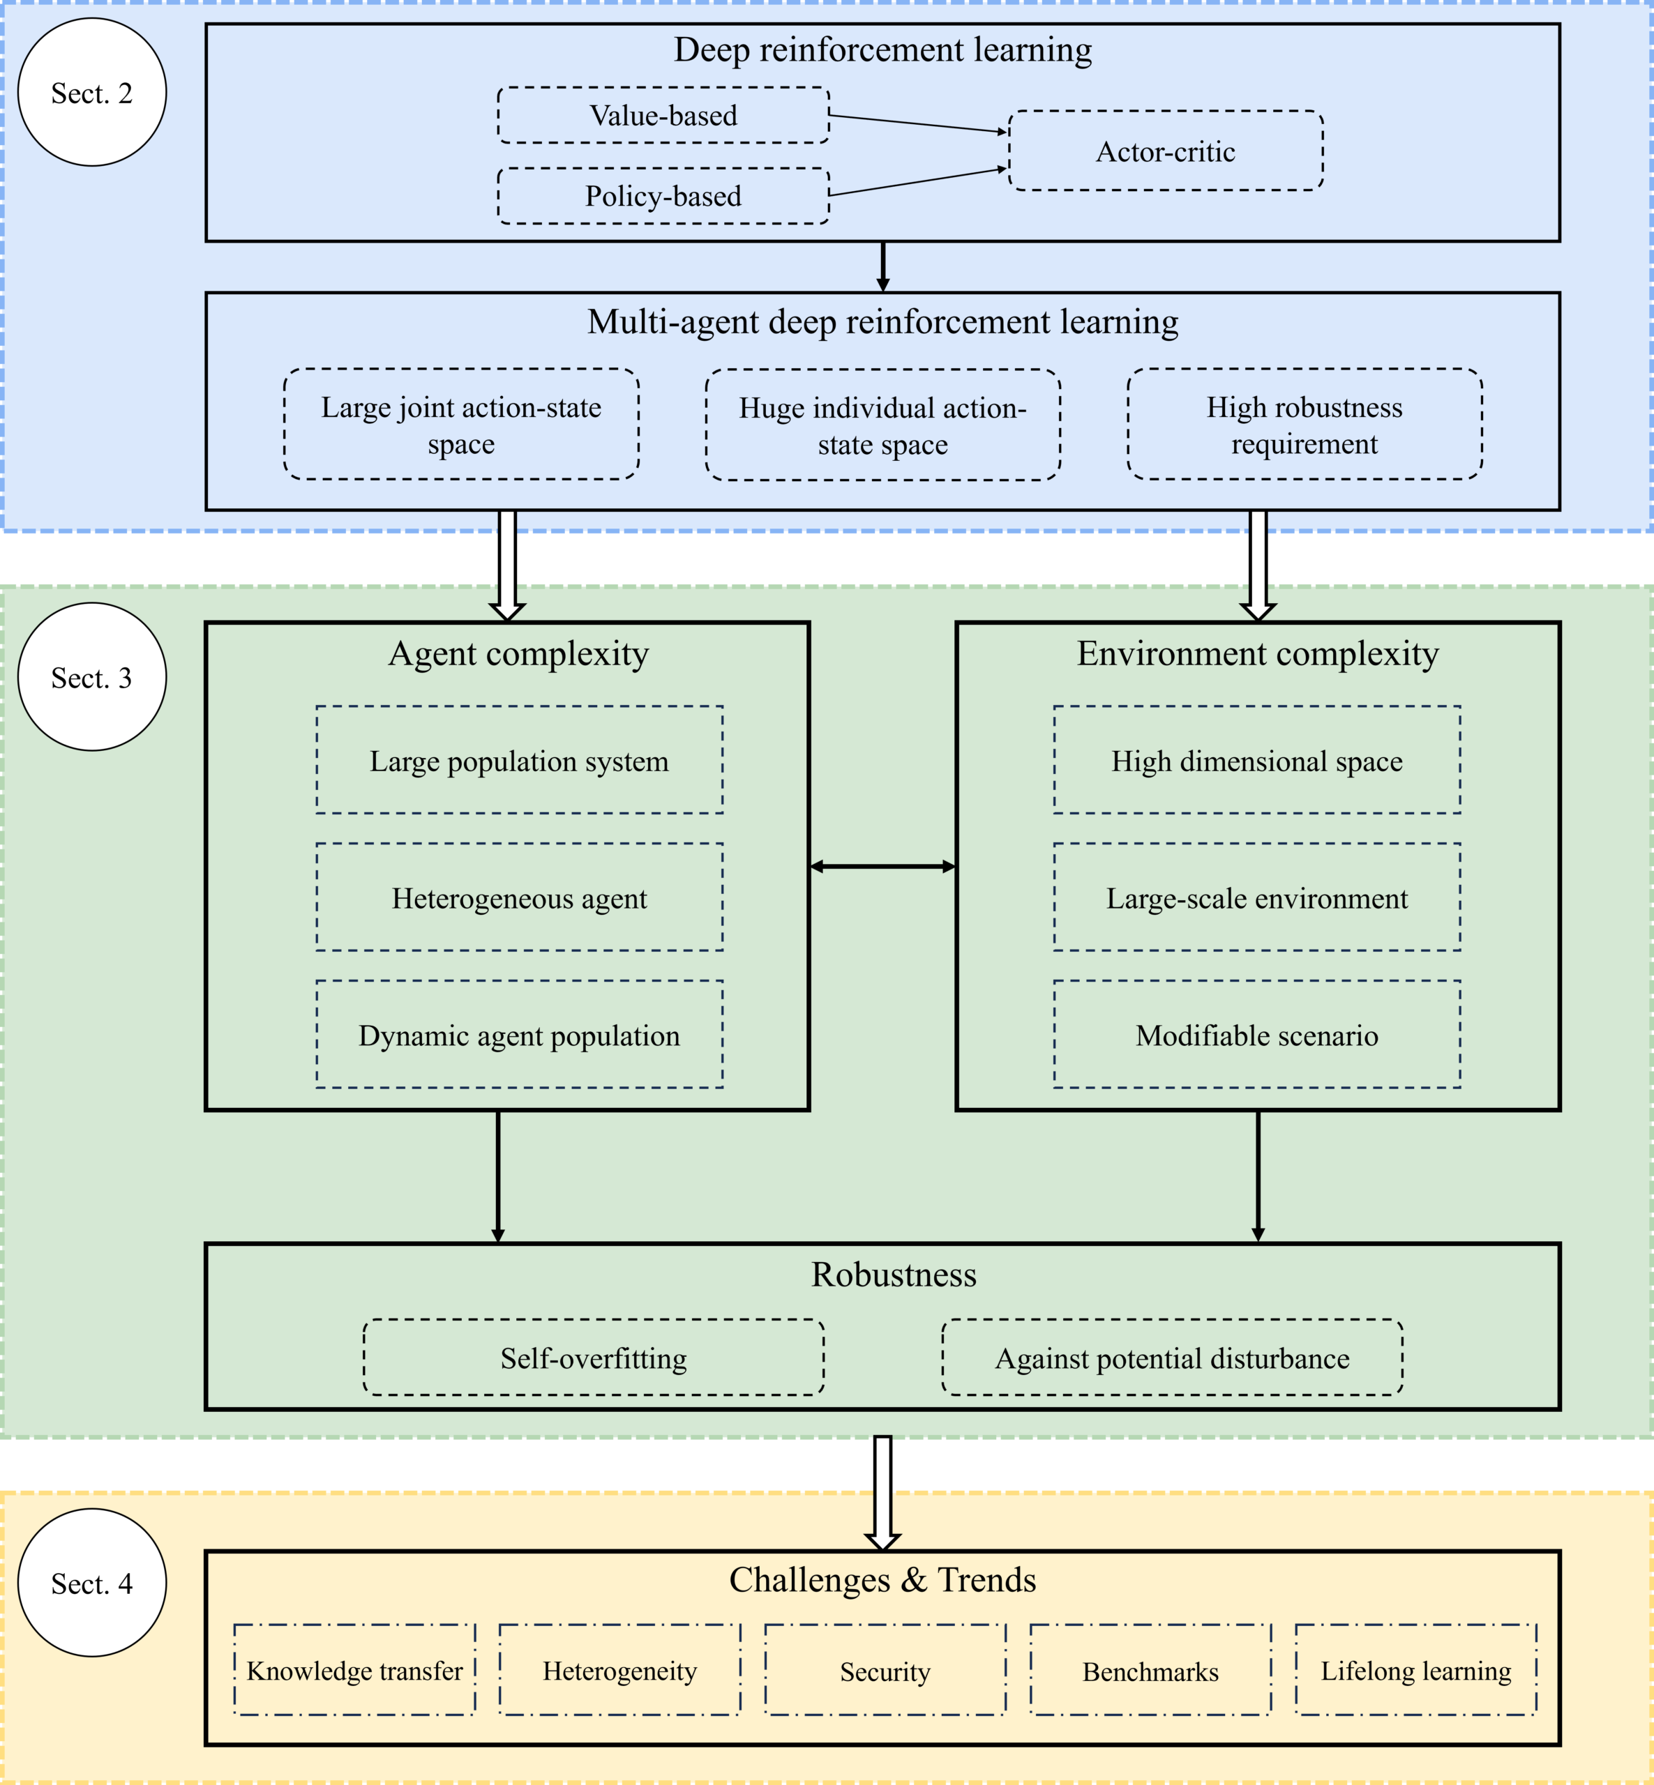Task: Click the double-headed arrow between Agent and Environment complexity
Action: point(882,866)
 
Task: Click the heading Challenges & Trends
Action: point(882,1580)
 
